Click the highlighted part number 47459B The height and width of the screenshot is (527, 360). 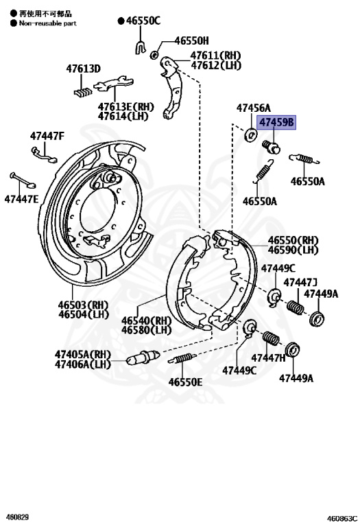276,123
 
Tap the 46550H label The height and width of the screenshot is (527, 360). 191,41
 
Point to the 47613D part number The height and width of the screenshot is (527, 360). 83,69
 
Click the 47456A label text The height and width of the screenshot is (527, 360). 254,108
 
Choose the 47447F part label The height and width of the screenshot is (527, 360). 47,136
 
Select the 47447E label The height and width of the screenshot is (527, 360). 21,199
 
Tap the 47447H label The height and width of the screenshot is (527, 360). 268,358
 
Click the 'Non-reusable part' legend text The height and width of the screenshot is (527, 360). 47,23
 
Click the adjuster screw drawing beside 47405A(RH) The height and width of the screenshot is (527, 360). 143,358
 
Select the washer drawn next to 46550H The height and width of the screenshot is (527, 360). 154,54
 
